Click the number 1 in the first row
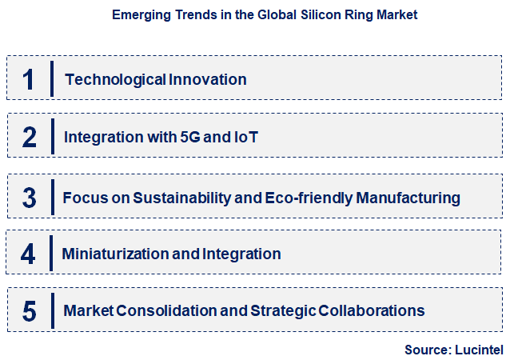29,80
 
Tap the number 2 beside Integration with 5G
29,138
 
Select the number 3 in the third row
29,197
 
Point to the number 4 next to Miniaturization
29,254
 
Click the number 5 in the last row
29,311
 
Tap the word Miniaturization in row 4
115,254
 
